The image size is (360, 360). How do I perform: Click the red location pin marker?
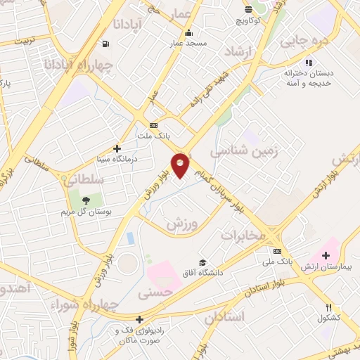click(180, 165)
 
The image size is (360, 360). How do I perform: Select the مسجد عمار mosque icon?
click(188, 33)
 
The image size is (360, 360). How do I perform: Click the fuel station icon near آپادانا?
click(105, 44)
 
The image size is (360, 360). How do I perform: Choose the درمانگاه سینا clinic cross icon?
click(117, 148)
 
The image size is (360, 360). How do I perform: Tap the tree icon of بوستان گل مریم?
click(86, 200)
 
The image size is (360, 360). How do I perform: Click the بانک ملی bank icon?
click(278, 251)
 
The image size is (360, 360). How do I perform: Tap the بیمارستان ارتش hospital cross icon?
click(326, 255)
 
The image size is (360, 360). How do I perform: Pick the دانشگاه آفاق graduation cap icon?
click(202, 262)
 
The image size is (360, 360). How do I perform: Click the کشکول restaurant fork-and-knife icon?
click(328, 307)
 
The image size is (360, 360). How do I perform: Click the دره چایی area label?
click(304, 40)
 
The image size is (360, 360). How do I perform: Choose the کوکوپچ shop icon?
click(248, 9)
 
